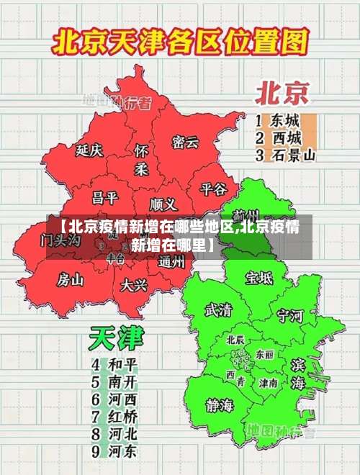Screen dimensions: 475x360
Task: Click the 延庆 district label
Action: pos(89,150)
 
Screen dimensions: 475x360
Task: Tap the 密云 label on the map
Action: pos(185,142)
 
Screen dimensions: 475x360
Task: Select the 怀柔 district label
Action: pos(141,160)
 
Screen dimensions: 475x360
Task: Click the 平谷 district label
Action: pos(213,189)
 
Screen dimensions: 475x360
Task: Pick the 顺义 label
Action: pos(163,204)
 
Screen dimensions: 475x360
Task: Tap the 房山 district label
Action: pos(71,279)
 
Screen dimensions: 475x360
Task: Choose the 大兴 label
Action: pos(134,284)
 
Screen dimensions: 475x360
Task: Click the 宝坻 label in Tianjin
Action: pos(259,277)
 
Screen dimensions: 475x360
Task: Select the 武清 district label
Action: pos(218,310)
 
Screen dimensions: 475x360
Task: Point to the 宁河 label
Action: pos(290,315)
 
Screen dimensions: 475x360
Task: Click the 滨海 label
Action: pos(298,374)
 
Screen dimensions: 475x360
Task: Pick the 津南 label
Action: pos(269,383)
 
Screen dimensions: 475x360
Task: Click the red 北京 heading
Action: pos(282,93)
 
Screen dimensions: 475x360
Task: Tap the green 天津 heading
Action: pos(116,338)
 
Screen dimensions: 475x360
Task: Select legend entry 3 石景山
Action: pos(286,155)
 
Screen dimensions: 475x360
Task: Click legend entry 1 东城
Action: pos(277,119)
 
